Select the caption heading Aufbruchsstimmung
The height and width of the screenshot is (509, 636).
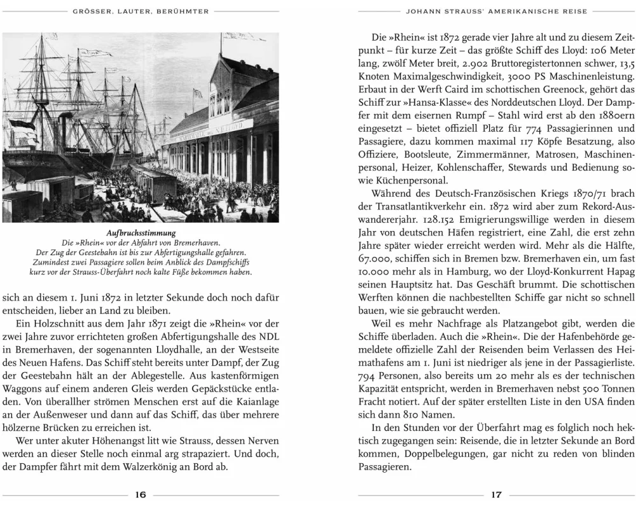141,234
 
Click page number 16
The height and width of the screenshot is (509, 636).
141,495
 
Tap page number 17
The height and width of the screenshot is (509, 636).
496,495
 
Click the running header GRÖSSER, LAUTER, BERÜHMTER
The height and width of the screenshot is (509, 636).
141,11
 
